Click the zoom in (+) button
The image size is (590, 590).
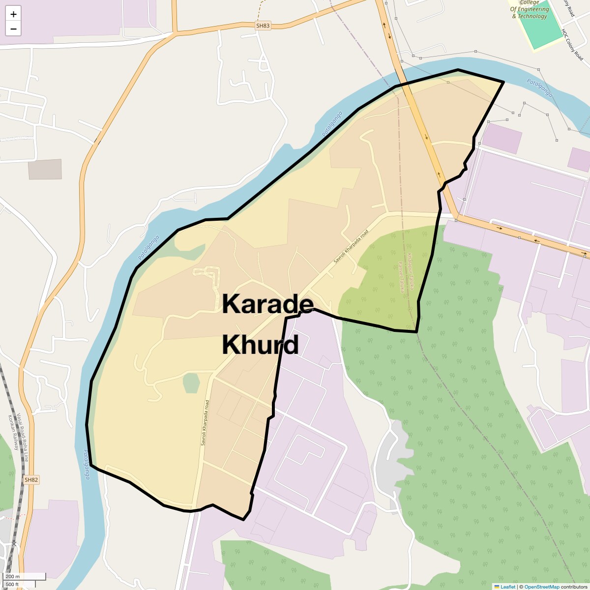13,14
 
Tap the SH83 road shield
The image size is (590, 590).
263,26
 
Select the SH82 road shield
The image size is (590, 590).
31,479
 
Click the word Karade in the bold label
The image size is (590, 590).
267,304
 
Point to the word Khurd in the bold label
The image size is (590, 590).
260,345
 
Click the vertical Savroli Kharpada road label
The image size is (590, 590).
205,423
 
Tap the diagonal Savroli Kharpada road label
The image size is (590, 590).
351,246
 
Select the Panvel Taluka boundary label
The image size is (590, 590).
401,278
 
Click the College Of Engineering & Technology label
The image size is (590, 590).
530,9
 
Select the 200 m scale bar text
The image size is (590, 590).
13,577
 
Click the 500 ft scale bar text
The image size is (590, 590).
13,584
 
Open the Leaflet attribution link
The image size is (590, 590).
508,587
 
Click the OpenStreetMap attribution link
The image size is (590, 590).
541,587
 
